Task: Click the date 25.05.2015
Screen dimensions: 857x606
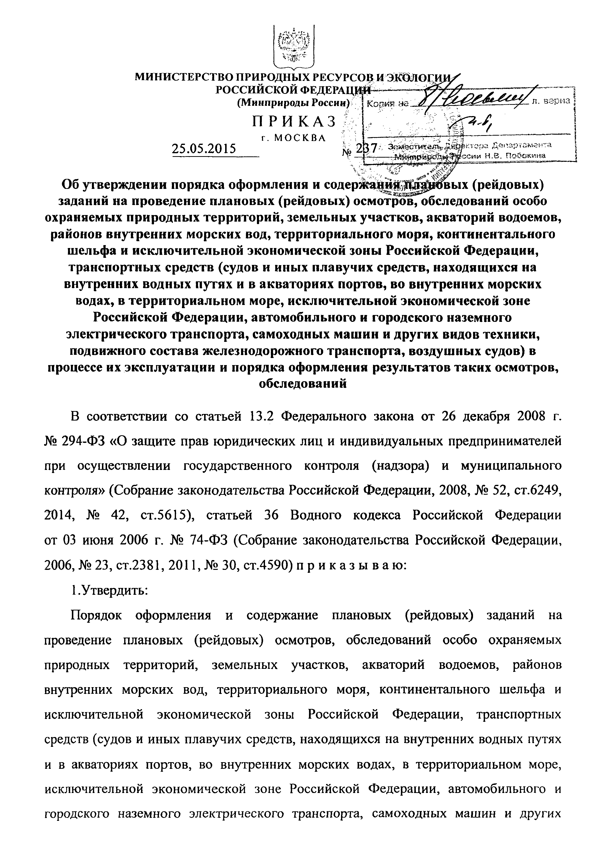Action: (204, 149)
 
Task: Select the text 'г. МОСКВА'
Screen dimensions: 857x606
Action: (294, 138)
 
